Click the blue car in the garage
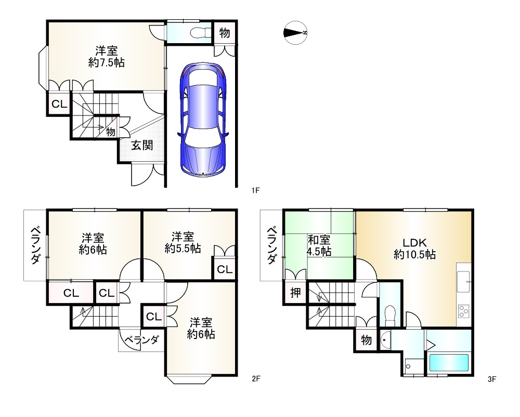[x=203, y=119]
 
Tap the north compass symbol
[x=295, y=32]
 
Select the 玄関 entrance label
[x=142, y=145]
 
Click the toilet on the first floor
[x=201, y=32]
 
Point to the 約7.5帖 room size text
[x=107, y=62]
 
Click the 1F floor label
[x=255, y=190]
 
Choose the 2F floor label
[x=256, y=378]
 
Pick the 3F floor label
[x=492, y=379]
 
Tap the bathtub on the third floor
[x=449, y=362]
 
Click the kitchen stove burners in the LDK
[x=464, y=311]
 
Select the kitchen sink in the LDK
[x=464, y=281]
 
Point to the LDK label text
[x=414, y=243]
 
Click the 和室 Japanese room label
[x=319, y=240]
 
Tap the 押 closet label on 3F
[x=295, y=292]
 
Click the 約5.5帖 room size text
[x=183, y=249]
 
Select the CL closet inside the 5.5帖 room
[x=225, y=269]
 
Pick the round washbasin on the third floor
[x=385, y=340]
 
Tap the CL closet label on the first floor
[x=59, y=104]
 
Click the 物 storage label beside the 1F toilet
[x=225, y=33]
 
